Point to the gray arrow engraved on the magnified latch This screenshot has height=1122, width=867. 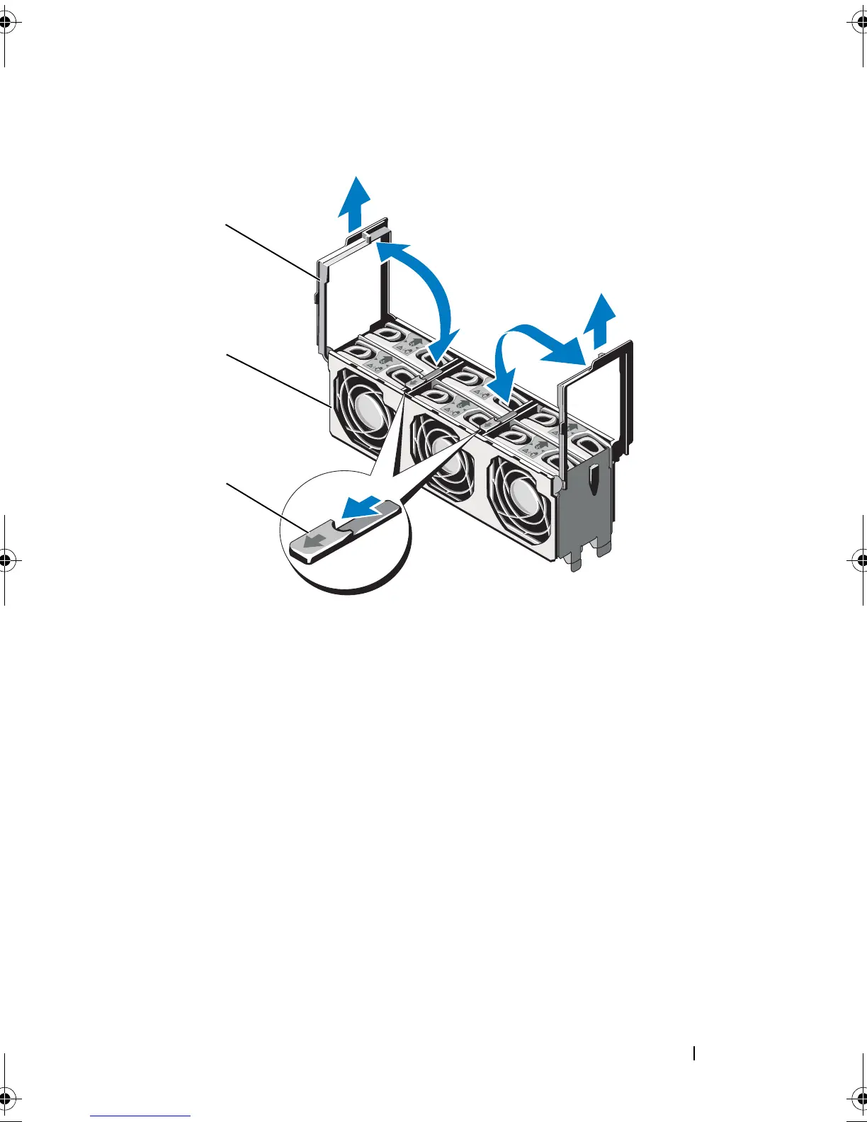coord(312,540)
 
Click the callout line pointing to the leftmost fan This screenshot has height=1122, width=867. coord(276,379)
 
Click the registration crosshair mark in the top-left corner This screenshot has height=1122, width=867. coord(6,23)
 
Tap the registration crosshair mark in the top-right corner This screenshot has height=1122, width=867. coord(859,23)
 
